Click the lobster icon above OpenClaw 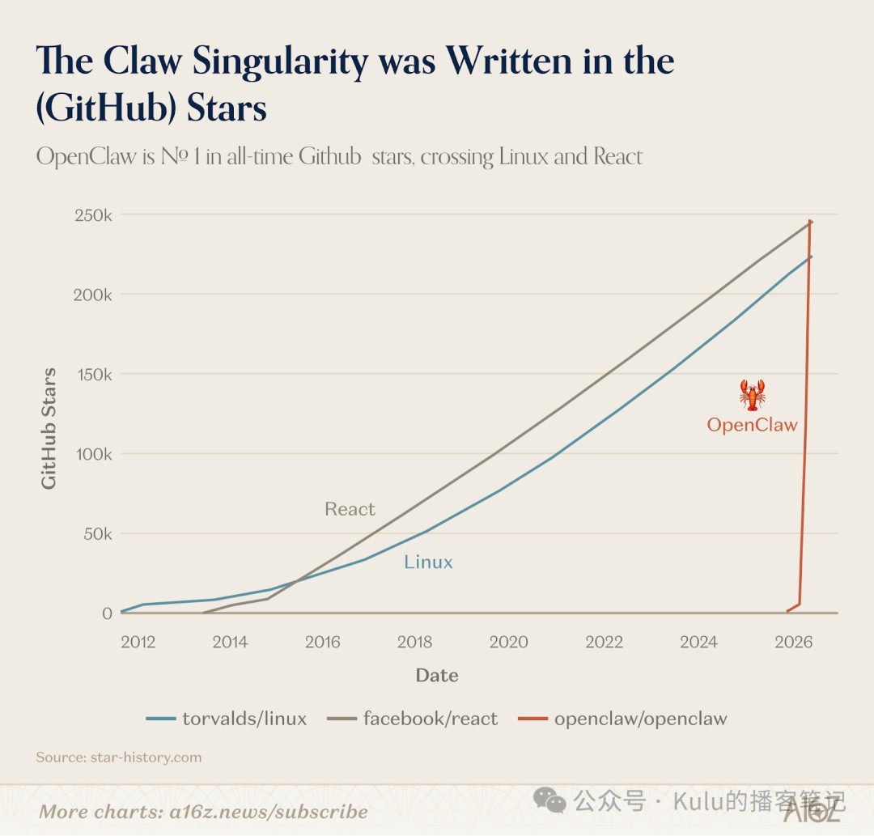[x=753, y=395]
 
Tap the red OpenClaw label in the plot [x=752, y=425]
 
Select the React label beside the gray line [x=350, y=509]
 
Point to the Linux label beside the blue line [x=428, y=562]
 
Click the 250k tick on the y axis [x=94, y=215]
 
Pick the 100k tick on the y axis [x=94, y=454]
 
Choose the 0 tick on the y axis [x=107, y=613]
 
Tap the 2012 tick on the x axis [x=138, y=642]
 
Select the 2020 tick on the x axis [x=508, y=642]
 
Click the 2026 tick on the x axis [x=793, y=642]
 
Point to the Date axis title [x=437, y=675]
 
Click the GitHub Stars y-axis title [x=49, y=428]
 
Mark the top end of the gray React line [x=811, y=222]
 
